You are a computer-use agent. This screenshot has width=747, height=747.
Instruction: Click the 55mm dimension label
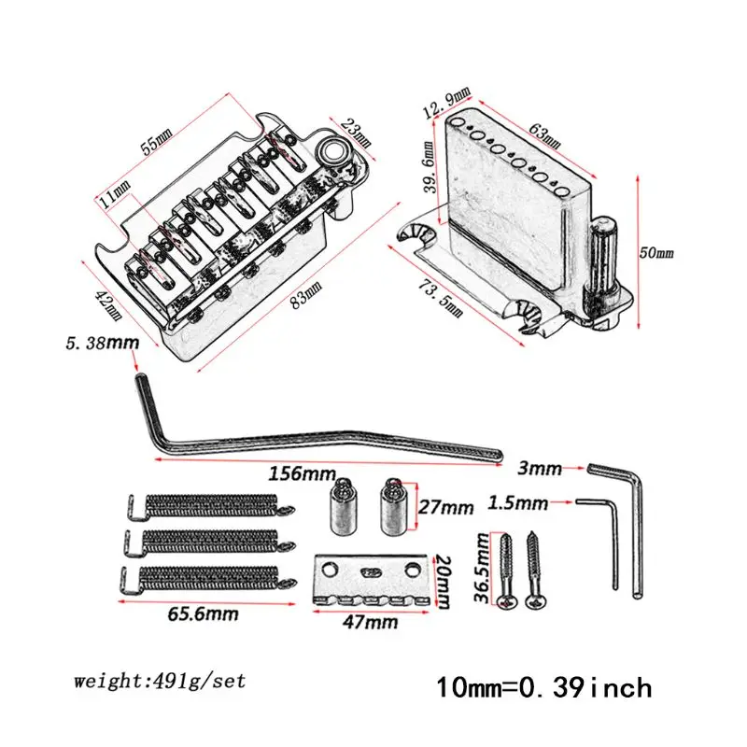point(157,142)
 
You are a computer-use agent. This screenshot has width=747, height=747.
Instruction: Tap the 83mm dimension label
point(306,295)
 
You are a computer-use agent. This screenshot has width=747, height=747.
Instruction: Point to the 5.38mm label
point(103,343)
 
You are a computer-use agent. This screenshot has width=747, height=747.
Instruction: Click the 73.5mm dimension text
point(440,298)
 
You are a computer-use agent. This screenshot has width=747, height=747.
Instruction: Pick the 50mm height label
point(656,252)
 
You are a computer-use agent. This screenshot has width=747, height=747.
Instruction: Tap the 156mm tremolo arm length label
point(302,473)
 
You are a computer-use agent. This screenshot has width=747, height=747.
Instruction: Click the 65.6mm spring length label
point(203,614)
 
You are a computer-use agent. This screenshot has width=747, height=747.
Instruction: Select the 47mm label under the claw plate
point(370,622)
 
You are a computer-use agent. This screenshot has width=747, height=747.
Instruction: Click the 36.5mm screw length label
point(482,568)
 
